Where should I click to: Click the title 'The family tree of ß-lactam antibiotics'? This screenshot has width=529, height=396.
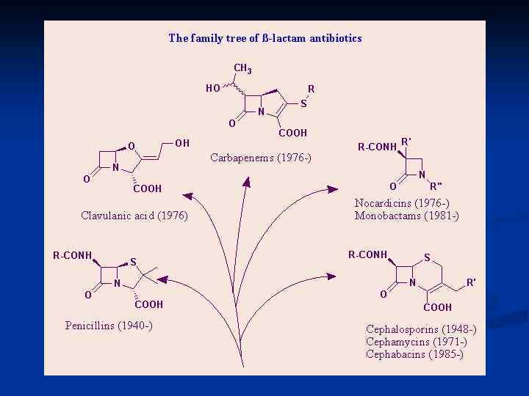pyautogui.click(x=264, y=37)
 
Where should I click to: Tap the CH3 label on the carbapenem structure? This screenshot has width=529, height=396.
pyautogui.click(x=243, y=69)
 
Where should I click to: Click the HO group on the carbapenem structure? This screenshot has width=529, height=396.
pyautogui.click(x=212, y=89)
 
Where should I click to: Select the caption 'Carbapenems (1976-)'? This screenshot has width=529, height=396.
pyautogui.click(x=261, y=158)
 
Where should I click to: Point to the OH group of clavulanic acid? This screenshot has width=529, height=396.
pyautogui.click(x=182, y=142)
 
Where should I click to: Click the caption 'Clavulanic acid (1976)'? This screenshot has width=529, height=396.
pyautogui.click(x=134, y=216)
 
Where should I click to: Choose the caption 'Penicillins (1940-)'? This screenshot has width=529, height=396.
pyautogui.click(x=109, y=325)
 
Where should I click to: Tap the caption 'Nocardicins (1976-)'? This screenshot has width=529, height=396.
pyautogui.click(x=401, y=203)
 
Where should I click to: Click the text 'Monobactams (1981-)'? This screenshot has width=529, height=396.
pyautogui.click(x=406, y=216)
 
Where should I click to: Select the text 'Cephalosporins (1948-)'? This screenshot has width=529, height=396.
pyautogui.click(x=421, y=329)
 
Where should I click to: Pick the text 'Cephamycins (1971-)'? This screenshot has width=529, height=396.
pyautogui.click(x=416, y=342)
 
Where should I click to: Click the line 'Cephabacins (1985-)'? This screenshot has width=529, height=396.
pyautogui.click(x=414, y=354)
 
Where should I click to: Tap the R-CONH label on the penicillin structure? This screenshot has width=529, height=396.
pyautogui.click(x=72, y=255)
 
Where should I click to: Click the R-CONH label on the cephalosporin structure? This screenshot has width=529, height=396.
pyautogui.click(x=367, y=254)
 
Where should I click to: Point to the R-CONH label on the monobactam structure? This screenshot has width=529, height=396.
pyautogui.click(x=376, y=147)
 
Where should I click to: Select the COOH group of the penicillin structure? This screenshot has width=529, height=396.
pyautogui.click(x=149, y=304)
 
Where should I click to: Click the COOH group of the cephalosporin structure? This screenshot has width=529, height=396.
pyautogui.click(x=438, y=307)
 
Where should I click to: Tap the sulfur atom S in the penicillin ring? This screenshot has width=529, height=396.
pyautogui.click(x=134, y=261)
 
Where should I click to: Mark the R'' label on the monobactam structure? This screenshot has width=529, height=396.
pyautogui.click(x=436, y=186)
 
